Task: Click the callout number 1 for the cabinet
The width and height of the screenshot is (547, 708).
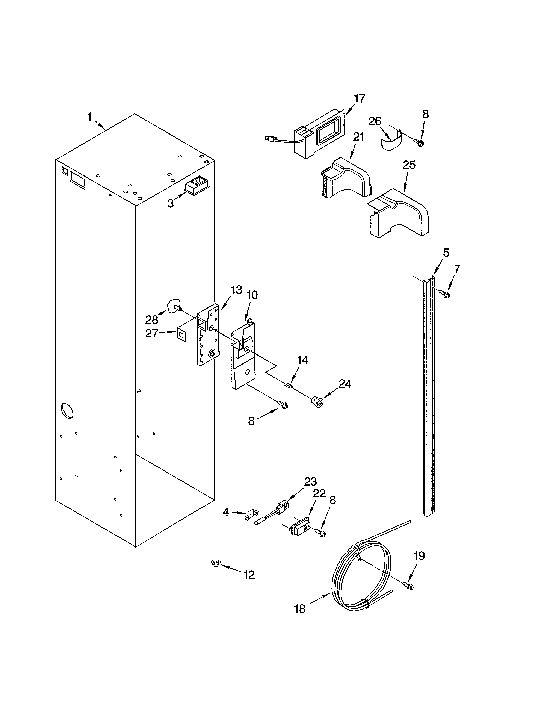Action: point(90,117)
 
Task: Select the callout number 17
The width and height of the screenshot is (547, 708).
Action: point(359,98)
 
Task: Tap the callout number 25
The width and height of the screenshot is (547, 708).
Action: point(409,165)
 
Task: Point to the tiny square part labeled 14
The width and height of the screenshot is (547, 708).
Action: point(288,386)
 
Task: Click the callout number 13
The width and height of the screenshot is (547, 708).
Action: point(237,290)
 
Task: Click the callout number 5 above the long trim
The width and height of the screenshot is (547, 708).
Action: point(446,253)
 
